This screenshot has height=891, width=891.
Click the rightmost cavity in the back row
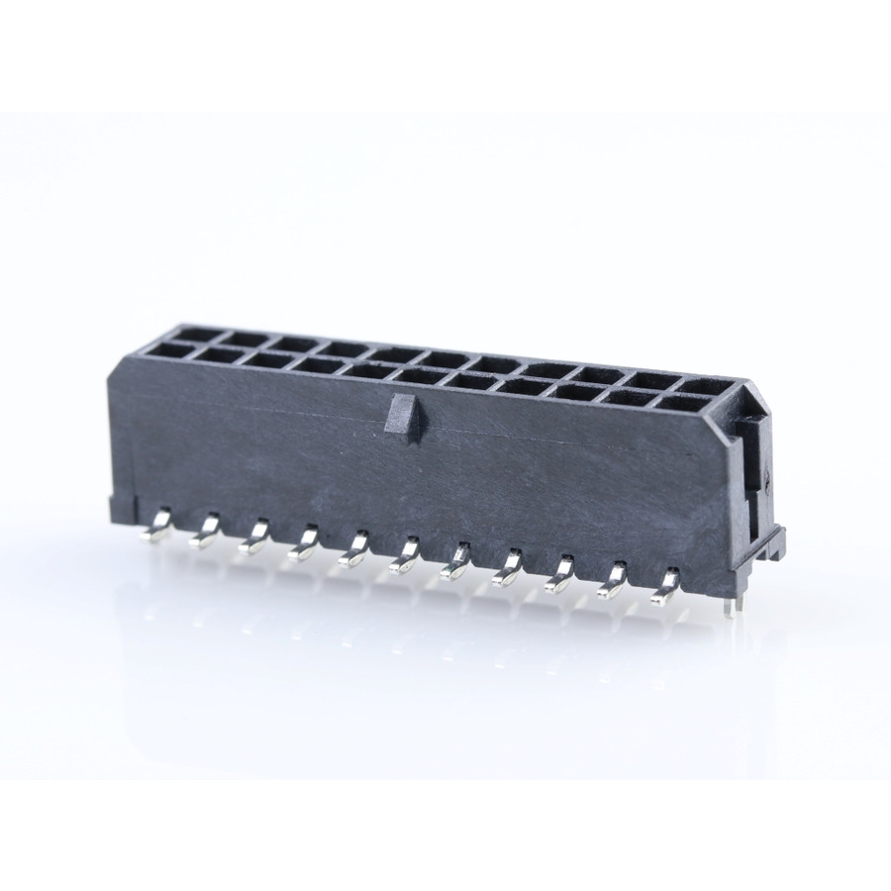[701, 385]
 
